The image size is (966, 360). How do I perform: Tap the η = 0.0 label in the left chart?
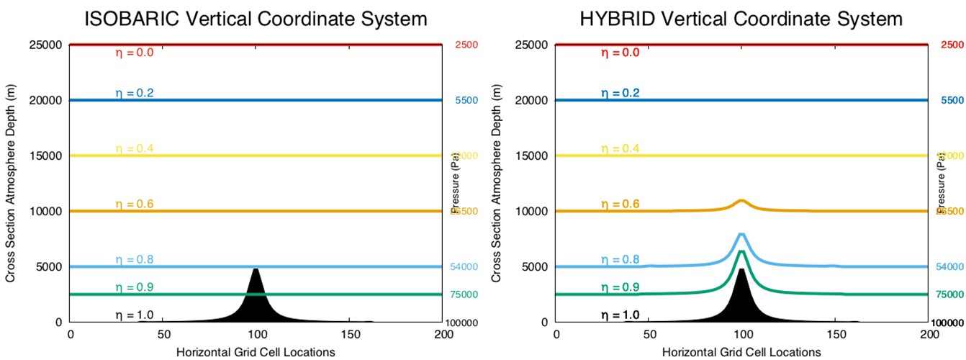click(135, 53)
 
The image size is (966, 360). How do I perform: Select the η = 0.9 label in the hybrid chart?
click(620, 287)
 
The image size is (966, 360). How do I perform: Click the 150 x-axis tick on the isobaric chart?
click(351, 335)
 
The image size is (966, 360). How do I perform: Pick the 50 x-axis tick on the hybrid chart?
click(649, 335)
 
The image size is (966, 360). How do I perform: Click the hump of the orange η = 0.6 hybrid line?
click(742, 201)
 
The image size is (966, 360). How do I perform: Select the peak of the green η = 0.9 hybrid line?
click(742, 251)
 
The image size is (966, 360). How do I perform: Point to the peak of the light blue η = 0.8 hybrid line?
click(742, 234)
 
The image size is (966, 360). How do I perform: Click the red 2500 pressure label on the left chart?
click(466, 45)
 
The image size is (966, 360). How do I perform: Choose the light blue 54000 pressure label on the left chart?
click(466, 267)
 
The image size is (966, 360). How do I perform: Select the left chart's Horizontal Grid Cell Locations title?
click(256, 351)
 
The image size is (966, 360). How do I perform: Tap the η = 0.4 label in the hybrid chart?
click(620, 148)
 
